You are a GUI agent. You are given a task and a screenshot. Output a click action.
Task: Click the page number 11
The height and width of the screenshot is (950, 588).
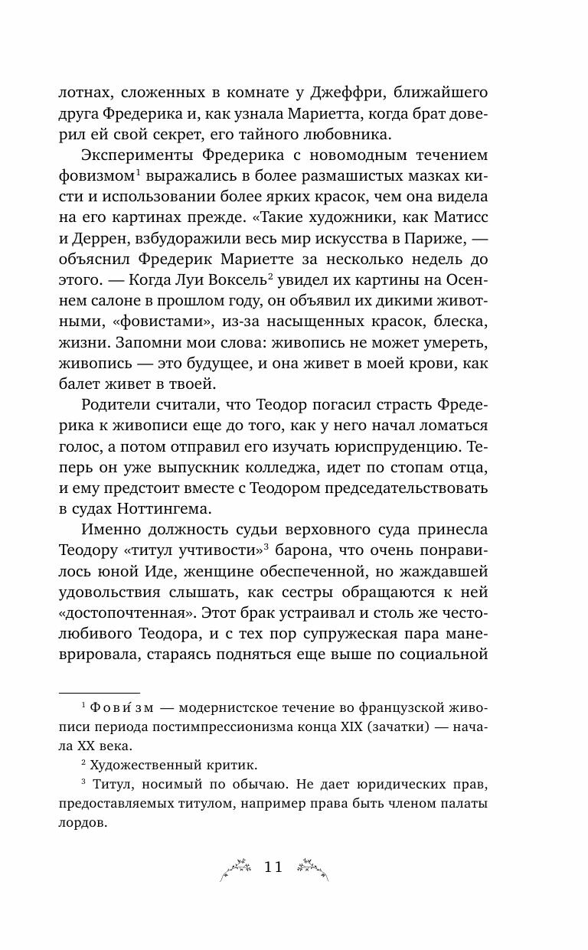coord(273,867)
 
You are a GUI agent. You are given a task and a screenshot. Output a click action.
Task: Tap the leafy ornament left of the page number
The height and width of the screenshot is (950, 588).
coord(238,867)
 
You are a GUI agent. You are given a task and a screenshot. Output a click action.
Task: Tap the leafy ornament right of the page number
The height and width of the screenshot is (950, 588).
coord(311,867)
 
